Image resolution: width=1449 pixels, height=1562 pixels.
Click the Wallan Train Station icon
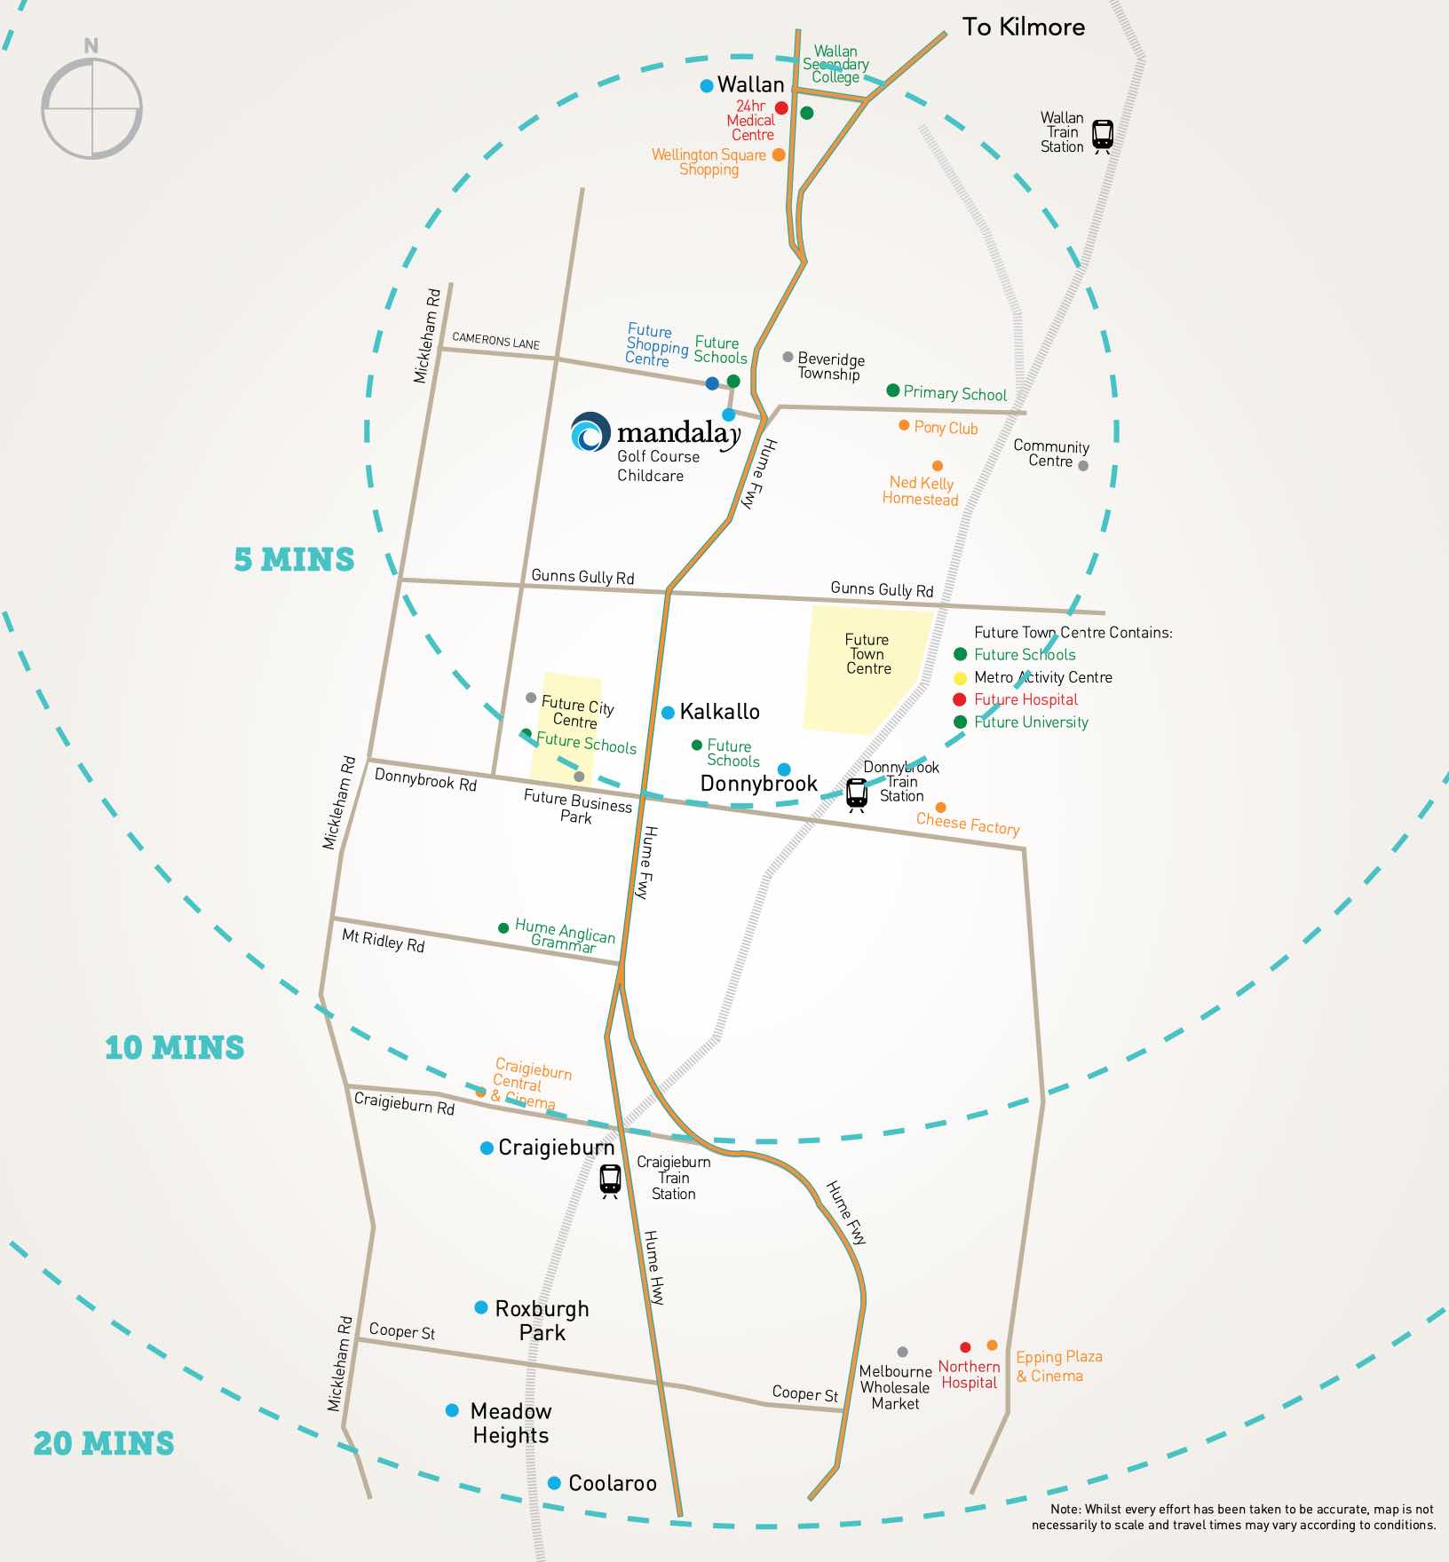tap(1102, 136)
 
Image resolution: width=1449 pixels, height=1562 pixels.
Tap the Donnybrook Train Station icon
tap(856, 793)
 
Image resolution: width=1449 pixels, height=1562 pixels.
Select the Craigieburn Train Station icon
tap(610, 1180)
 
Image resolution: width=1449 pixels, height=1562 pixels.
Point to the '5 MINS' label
tap(294, 560)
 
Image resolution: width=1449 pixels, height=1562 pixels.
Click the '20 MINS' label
tap(104, 1443)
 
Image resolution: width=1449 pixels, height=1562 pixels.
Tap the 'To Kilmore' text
tap(1023, 28)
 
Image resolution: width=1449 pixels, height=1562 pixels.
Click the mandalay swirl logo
tap(590, 432)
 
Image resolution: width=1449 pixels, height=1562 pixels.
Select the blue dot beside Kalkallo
tap(668, 713)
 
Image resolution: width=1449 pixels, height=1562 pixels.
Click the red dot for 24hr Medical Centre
tap(781, 108)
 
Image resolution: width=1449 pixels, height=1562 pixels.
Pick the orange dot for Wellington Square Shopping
tap(779, 154)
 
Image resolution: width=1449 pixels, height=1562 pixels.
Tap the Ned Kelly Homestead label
tap(921, 491)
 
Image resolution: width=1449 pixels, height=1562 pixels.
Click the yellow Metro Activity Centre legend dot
tap(960, 678)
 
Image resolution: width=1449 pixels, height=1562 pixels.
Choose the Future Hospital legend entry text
tap(1025, 699)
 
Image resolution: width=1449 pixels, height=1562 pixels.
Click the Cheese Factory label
tap(967, 824)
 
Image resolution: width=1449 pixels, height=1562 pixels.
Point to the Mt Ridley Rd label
tap(384, 941)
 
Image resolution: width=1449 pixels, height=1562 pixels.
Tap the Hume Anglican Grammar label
tap(565, 936)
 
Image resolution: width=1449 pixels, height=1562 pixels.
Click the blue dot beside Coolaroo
tap(554, 1483)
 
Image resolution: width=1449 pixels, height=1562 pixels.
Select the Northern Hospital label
tap(969, 1375)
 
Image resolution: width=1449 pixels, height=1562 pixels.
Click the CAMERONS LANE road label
tap(495, 341)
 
